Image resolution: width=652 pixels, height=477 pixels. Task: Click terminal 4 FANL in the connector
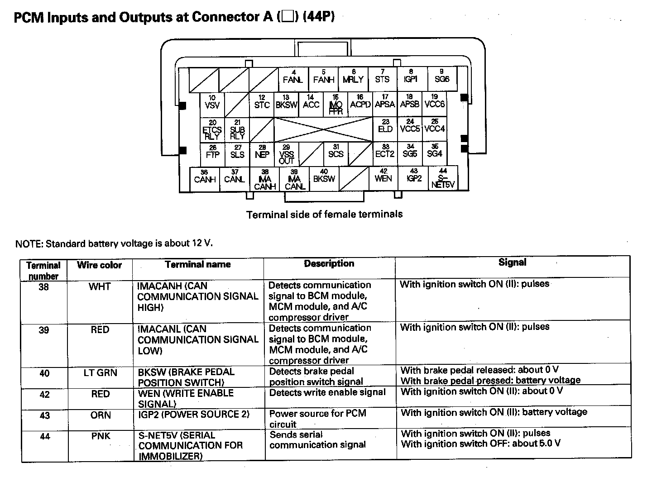(293, 79)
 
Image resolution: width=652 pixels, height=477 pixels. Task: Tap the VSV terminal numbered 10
(212, 104)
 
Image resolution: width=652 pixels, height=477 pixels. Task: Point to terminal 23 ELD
(385, 129)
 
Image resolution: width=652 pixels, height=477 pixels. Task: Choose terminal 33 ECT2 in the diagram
(385, 154)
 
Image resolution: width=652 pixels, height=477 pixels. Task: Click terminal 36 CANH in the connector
(205, 178)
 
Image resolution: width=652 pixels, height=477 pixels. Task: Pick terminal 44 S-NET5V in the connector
(443, 178)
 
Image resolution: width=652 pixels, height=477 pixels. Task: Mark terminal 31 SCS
(336, 154)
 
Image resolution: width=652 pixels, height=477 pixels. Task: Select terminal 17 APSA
(385, 104)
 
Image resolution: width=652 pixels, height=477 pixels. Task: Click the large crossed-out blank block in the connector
(323, 129)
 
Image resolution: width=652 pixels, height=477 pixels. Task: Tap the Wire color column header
(99, 265)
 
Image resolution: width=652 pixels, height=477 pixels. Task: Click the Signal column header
(512, 262)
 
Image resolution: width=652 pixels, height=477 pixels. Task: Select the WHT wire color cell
(100, 287)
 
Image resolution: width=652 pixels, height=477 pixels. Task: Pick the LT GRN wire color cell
(100, 373)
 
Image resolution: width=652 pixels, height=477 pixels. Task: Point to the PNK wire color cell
(101, 436)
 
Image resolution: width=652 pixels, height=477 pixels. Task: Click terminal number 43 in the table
(44, 415)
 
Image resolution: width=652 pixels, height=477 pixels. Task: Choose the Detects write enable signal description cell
(327, 392)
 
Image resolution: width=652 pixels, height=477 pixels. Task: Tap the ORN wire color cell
(101, 415)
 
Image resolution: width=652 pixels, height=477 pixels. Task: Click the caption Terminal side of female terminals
(324, 214)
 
